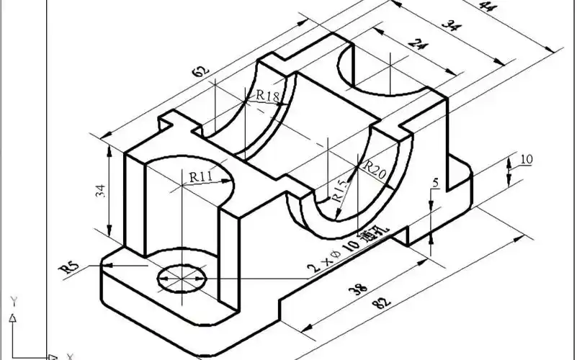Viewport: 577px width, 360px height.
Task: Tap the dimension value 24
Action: pyautogui.click(x=416, y=45)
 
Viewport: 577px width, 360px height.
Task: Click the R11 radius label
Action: pyautogui.click(x=200, y=176)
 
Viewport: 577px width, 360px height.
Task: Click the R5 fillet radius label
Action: pyautogui.click(x=69, y=268)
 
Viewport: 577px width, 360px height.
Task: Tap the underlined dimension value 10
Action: pyautogui.click(x=526, y=159)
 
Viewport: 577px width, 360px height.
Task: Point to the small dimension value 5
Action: pyautogui.click(x=434, y=184)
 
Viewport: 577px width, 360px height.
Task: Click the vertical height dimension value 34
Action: pyautogui.click(x=100, y=191)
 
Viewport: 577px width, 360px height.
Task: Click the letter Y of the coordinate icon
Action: pyautogui.click(x=12, y=300)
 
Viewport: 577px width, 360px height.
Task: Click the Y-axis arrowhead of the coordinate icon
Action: pyautogui.click(x=12, y=317)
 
